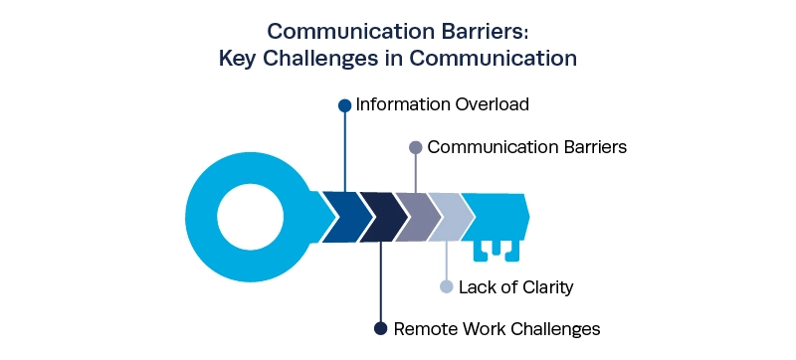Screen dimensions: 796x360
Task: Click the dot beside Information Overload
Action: click(x=344, y=105)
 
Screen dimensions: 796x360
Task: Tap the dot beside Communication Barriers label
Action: click(x=416, y=147)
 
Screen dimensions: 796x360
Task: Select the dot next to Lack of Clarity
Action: click(x=446, y=287)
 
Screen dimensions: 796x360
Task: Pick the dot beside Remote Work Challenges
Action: click(x=381, y=328)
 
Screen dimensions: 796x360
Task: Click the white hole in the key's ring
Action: click(x=251, y=217)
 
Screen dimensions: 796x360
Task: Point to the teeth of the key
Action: click(x=497, y=252)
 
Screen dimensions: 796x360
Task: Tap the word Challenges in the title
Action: click(x=315, y=59)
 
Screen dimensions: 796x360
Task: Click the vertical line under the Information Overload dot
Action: click(x=345, y=151)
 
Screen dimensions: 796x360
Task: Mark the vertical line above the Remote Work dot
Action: click(x=381, y=281)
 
